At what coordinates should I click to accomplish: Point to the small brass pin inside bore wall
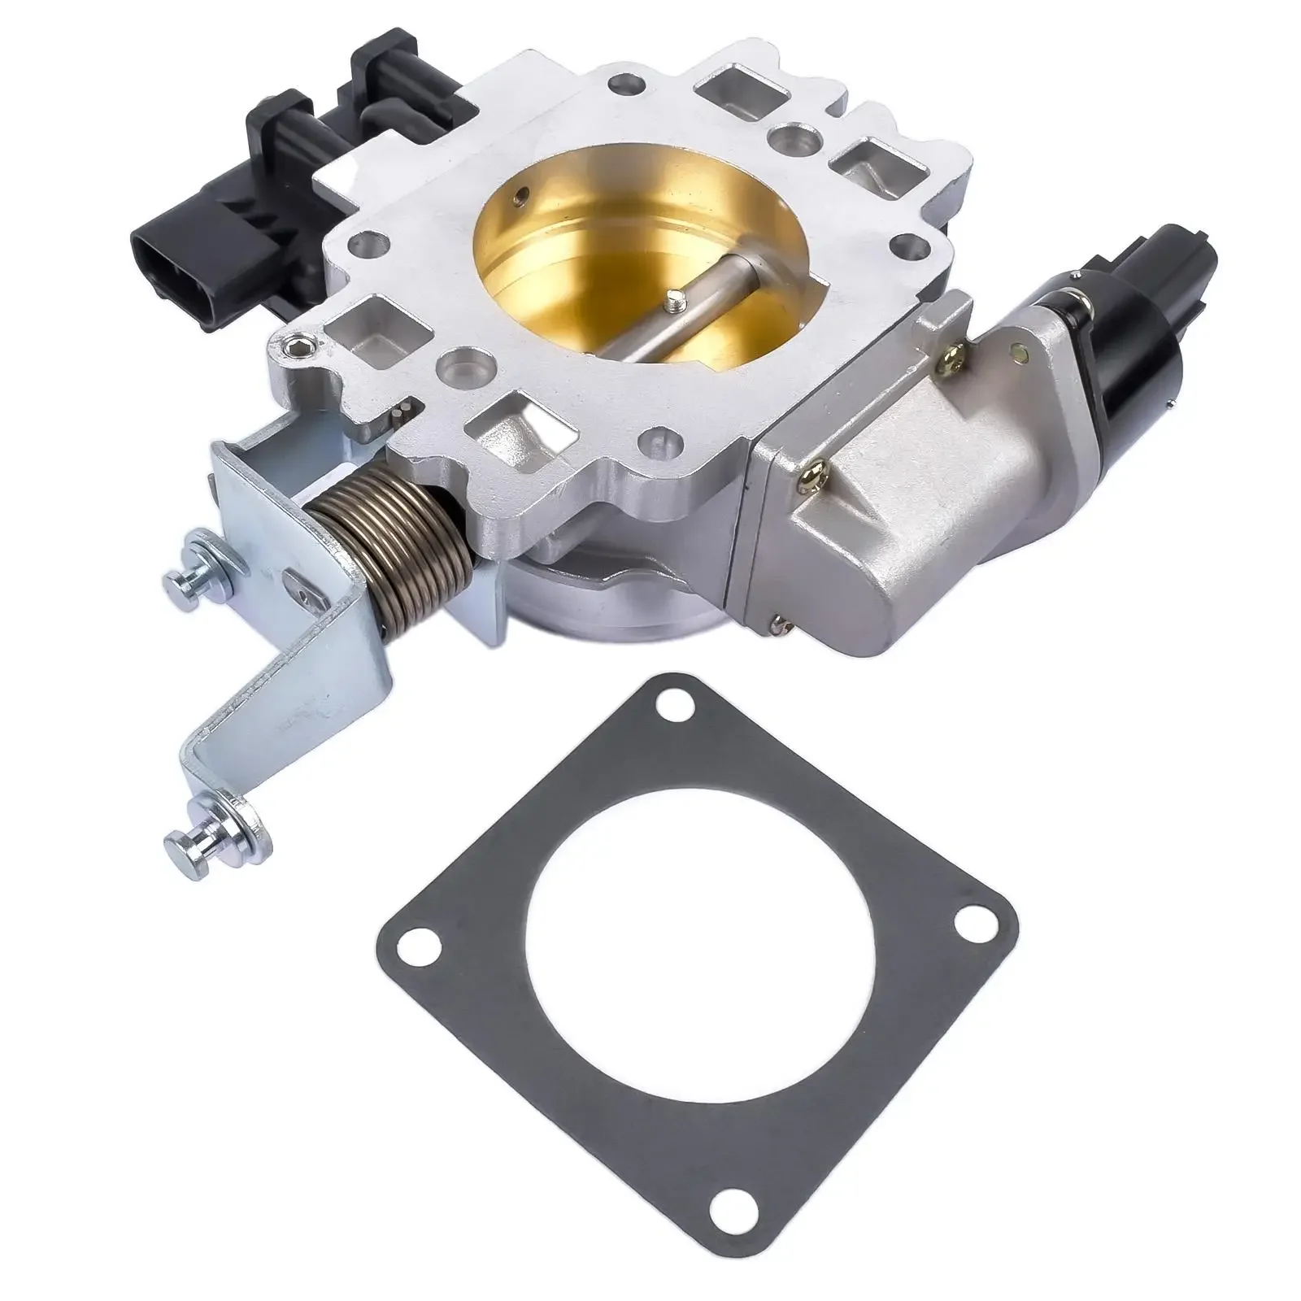click(517, 195)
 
